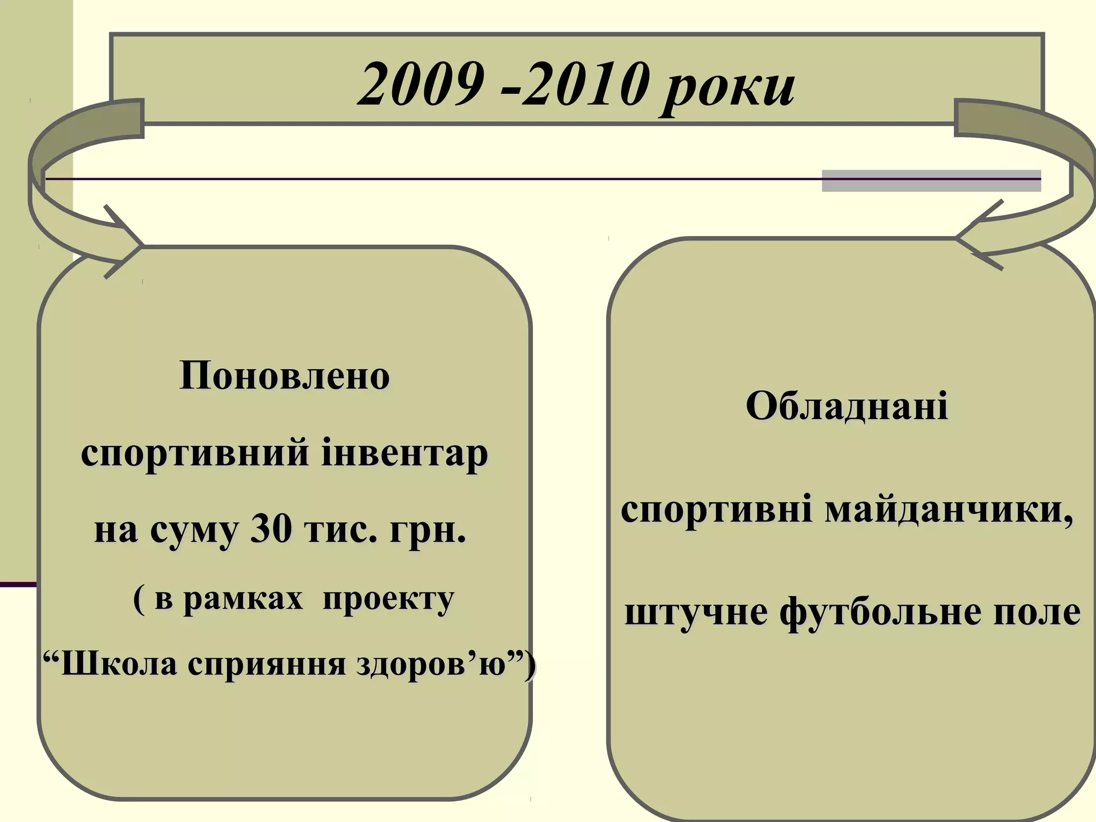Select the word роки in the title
(728, 88)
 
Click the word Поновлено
(284, 376)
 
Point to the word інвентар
(405, 454)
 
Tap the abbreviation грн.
(428, 531)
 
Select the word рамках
(243, 599)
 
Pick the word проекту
(389, 600)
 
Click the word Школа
(118, 664)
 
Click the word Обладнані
(847, 406)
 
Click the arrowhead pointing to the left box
(126, 243)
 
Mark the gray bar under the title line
(931, 181)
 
